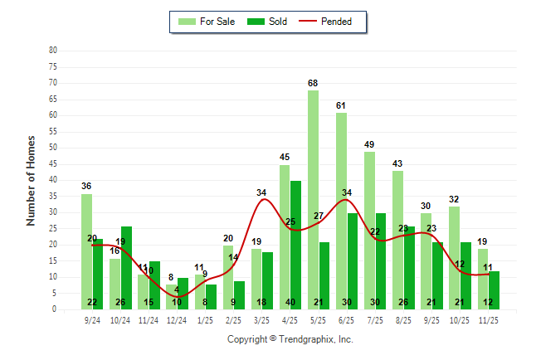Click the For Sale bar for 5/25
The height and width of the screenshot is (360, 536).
tap(313, 199)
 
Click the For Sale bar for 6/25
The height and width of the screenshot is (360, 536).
tap(341, 211)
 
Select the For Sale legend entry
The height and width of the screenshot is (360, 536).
tap(207, 22)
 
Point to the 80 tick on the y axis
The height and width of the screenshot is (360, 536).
tap(52, 50)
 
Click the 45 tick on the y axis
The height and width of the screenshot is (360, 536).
tap(52, 163)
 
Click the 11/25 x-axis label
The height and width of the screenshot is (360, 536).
tap(489, 319)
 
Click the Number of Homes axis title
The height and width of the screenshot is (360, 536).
tap(31, 180)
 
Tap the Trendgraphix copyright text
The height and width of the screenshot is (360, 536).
tap(290, 339)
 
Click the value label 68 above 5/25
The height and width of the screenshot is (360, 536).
tap(313, 84)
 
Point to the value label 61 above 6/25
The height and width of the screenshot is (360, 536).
tap(341, 106)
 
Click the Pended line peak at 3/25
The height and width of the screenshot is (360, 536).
tap(264, 199)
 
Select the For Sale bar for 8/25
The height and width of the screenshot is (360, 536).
tap(397, 240)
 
